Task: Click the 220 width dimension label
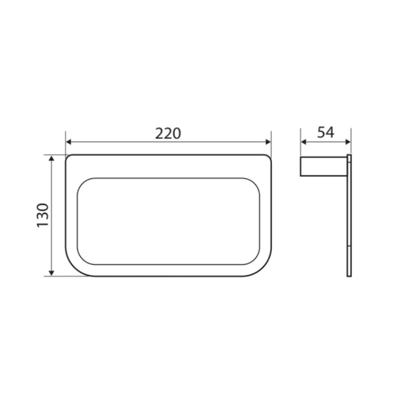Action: [168, 134]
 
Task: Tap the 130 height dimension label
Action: [42, 215]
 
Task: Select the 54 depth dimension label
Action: [325, 133]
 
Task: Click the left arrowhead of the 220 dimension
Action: [69, 142]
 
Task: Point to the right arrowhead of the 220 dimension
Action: [268, 142]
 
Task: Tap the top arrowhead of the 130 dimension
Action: [52, 158]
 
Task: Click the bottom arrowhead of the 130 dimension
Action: [52, 273]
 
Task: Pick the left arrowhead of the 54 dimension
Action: [303, 142]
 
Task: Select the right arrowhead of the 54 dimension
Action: [347, 142]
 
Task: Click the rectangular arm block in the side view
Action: [324, 166]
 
